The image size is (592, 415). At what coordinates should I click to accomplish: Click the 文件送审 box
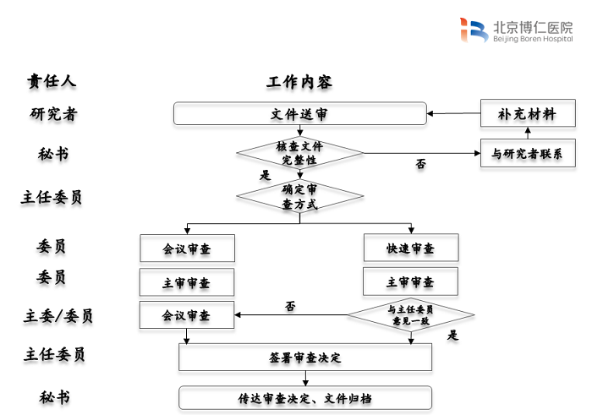pos(299,113)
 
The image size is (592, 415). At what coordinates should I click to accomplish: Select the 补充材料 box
pos(527,114)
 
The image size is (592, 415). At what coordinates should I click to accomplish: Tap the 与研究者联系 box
pos(527,154)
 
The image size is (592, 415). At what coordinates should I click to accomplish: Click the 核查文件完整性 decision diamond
pos(299,153)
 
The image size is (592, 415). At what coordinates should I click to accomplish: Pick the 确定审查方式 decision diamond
pos(299,197)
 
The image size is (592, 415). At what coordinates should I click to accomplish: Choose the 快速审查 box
pos(410,248)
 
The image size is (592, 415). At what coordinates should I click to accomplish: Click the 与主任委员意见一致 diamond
pos(410,315)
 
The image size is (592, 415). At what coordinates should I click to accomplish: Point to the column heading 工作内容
pos(299,82)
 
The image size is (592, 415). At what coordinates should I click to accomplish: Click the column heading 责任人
pos(52,81)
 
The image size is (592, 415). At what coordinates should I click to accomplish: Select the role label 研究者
pos(52,114)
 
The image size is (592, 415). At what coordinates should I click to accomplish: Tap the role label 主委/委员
pos(58,316)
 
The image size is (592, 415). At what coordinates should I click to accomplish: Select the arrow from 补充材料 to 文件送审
pos(453,113)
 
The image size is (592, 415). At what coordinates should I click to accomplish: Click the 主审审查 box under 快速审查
pos(410,281)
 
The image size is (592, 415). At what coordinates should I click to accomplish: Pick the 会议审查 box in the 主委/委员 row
pos(187,315)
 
